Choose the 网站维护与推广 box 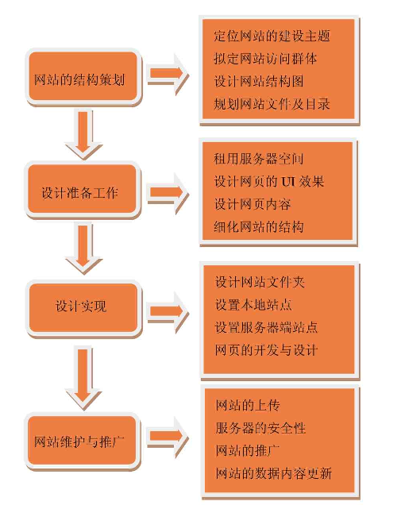pyautogui.click(x=83, y=442)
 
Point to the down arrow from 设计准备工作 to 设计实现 pyautogui.click(x=83, y=249)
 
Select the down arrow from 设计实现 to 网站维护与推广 pyautogui.click(x=83, y=376)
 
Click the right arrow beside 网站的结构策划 pyautogui.click(x=168, y=74)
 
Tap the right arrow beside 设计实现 pyautogui.click(x=168, y=312)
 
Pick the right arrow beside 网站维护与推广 pyautogui.click(x=168, y=438)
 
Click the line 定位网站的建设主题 pyautogui.click(x=272, y=36)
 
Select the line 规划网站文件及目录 pyautogui.click(x=272, y=104)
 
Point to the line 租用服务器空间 pyautogui.click(x=259, y=159)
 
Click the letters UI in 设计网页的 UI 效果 pyautogui.click(x=288, y=182)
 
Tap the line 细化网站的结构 pyautogui.click(x=259, y=227)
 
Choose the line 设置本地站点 pyautogui.click(x=253, y=304)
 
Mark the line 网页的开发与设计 pyautogui.click(x=266, y=350)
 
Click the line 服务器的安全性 pyautogui.click(x=260, y=428)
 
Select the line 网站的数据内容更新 pyautogui.click(x=274, y=473)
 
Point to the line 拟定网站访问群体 pyautogui.click(x=265, y=59)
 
